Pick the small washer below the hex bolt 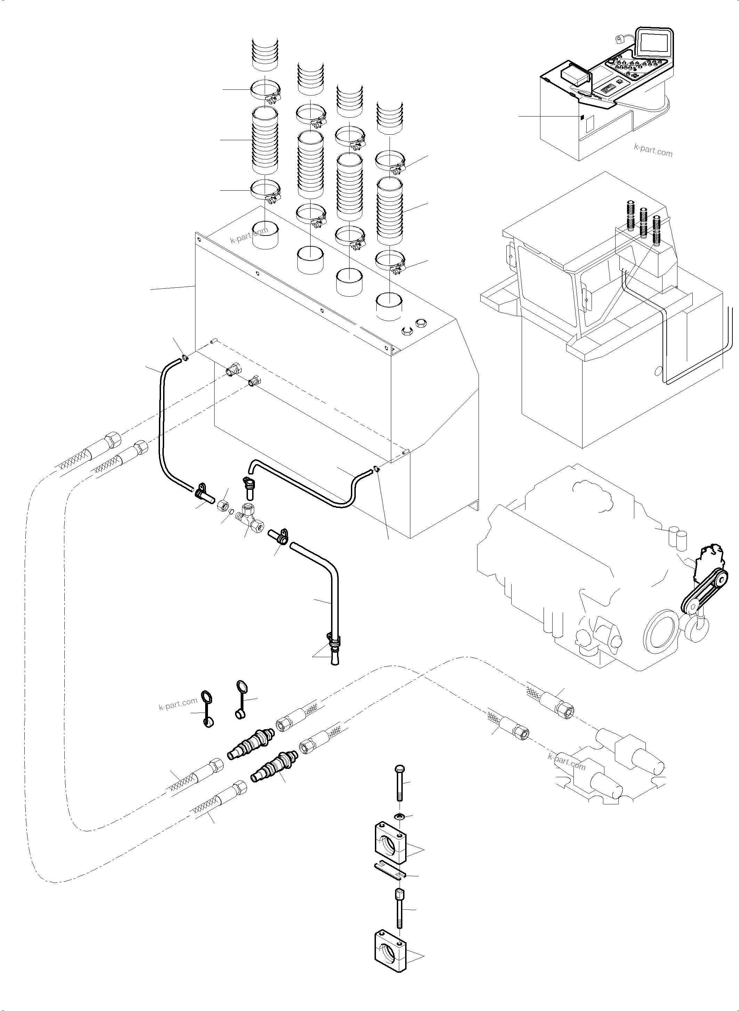(400, 817)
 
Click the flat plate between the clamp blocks (389, 871)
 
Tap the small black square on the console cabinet (582, 117)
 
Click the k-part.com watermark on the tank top (249, 234)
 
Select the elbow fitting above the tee (249, 487)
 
